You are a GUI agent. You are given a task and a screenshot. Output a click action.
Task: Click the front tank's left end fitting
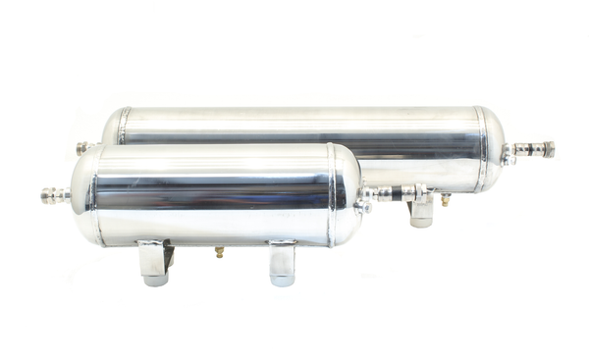pyautogui.click(x=55, y=194)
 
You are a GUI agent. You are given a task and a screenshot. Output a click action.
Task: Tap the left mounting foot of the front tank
pyautogui.click(x=153, y=262)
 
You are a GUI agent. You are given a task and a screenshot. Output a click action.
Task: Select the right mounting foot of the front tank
pyautogui.click(x=282, y=263)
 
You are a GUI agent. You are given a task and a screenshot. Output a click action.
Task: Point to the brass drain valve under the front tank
pyautogui.click(x=219, y=252)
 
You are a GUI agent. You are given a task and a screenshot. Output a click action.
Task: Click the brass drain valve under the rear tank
pyautogui.click(x=445, y=199)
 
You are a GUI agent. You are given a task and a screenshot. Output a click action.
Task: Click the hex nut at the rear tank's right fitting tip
pyautogui.click(x=547, y=150)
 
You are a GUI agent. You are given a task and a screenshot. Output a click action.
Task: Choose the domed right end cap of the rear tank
pyautogui.click(x=494, y=148)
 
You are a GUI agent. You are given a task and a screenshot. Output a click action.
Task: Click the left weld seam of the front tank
pyautogui.click(x=97, y=194)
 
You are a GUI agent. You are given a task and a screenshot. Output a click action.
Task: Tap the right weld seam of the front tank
pyautogui.click(x=333, y=194)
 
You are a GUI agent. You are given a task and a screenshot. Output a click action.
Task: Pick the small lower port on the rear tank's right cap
pyautogui.click(x=507, y=159)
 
